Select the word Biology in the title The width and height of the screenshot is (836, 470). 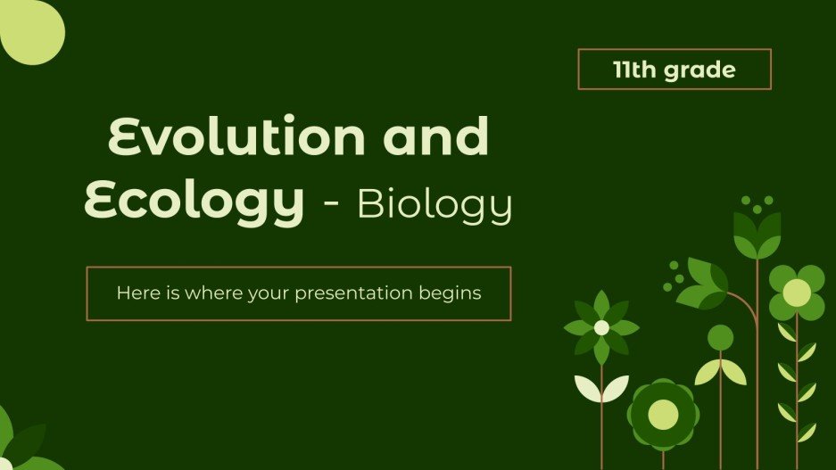435,204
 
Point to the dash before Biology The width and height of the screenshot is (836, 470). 330,207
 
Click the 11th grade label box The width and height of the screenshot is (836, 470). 674,70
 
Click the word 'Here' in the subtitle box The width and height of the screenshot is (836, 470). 136,293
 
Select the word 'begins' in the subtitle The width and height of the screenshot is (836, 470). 451,293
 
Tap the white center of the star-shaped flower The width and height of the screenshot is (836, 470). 601,327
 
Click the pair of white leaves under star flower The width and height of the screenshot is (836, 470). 600,387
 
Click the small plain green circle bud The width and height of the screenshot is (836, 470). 720,337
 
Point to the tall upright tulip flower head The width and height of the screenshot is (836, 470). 757,235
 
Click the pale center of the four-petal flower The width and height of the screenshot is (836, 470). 797,293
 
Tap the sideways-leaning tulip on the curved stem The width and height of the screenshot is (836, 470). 702,283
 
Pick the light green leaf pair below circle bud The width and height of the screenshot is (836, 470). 720,372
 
